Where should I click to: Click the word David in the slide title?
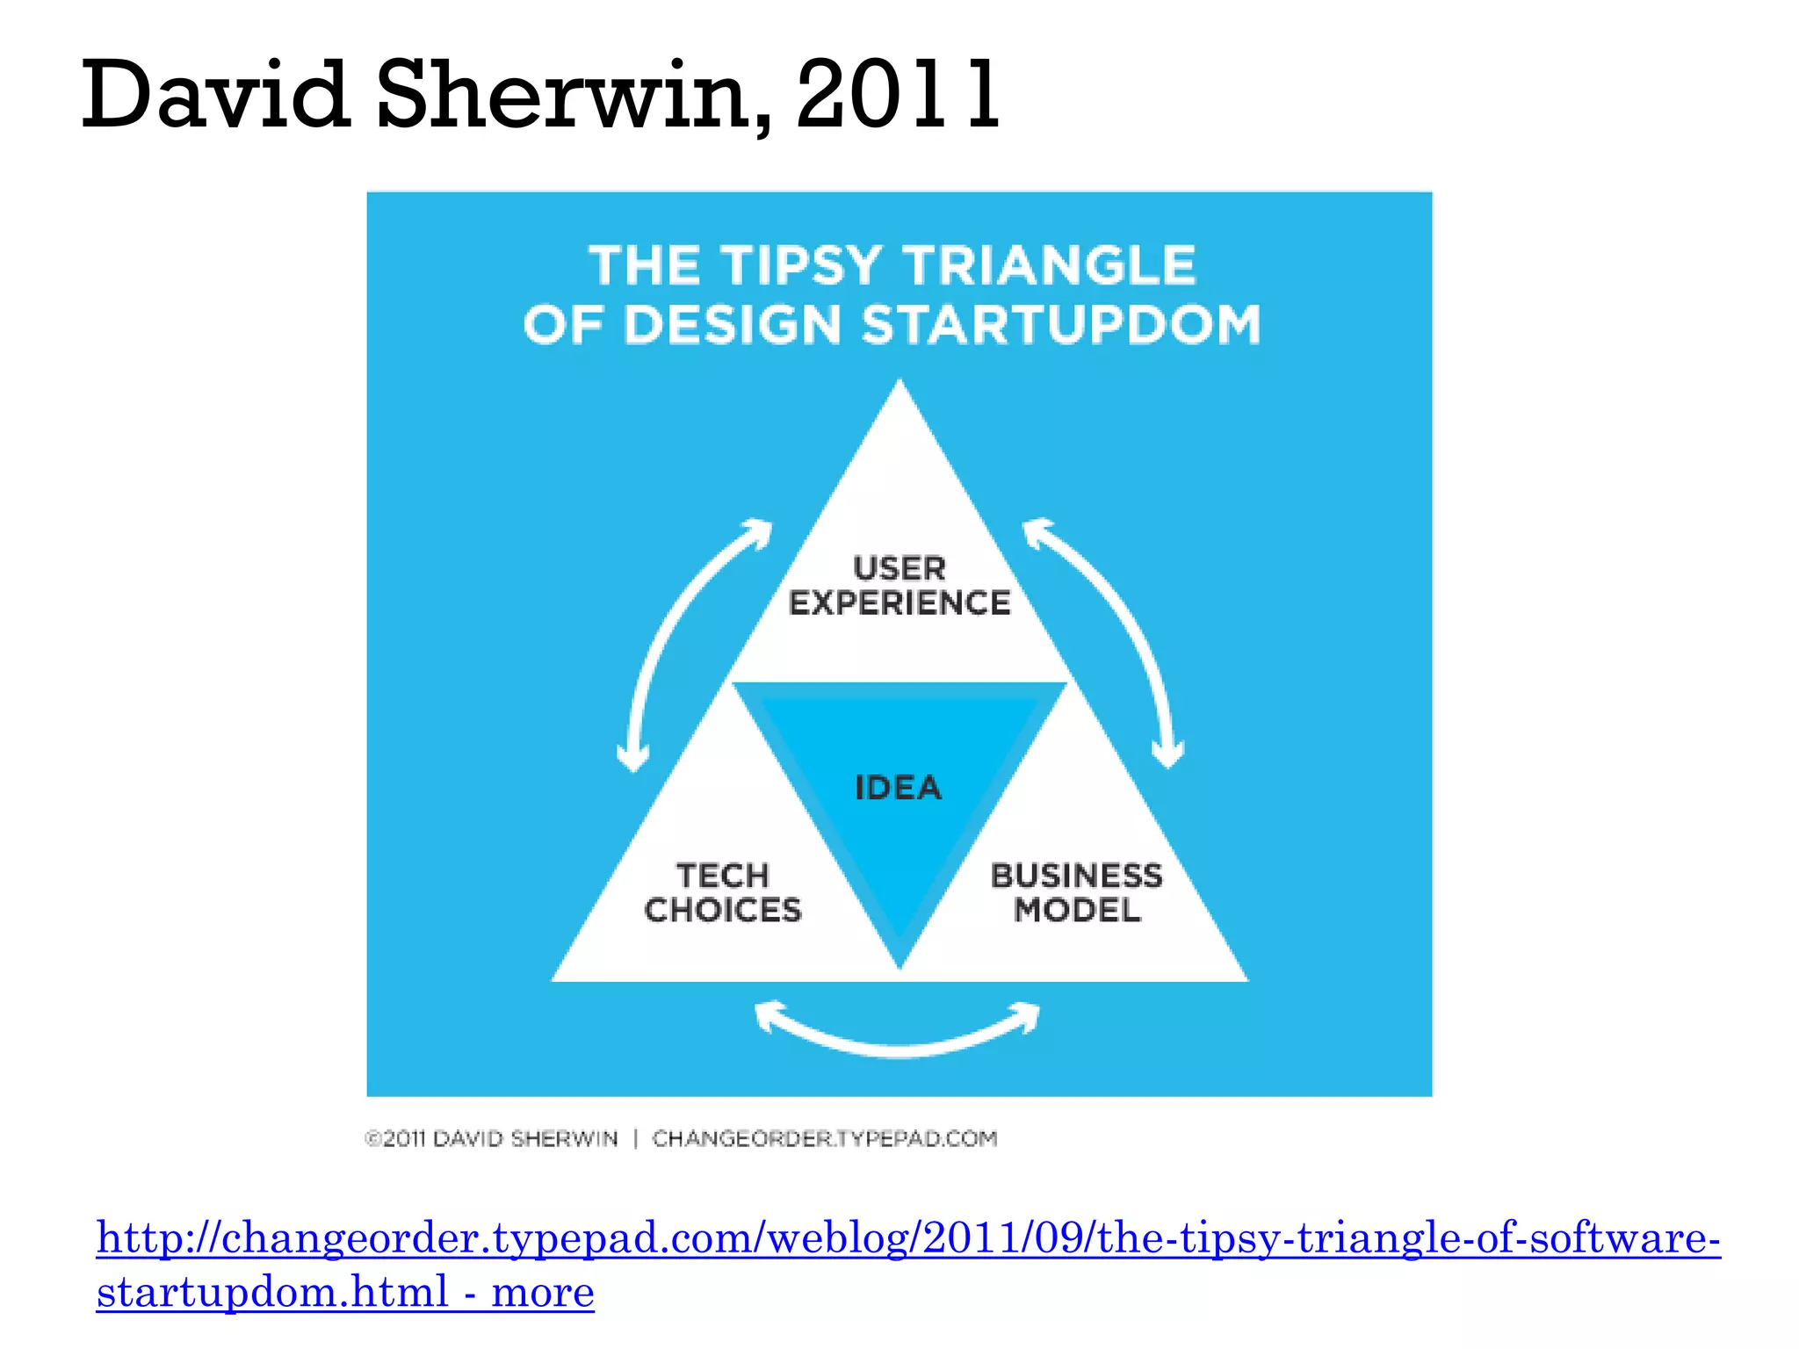point(215,94)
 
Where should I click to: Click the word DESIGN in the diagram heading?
point(733,324)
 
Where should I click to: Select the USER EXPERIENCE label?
point(899,586)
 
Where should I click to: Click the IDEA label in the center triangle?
point(899,788)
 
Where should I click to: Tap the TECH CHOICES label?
point(723,892)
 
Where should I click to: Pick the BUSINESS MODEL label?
point(1077,892)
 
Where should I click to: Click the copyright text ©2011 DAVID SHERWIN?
point(492,1139)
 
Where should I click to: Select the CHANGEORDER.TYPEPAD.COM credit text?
point(825,1139)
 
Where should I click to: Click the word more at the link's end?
point(543,1292)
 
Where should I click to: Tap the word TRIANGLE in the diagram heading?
point(1050,265)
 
